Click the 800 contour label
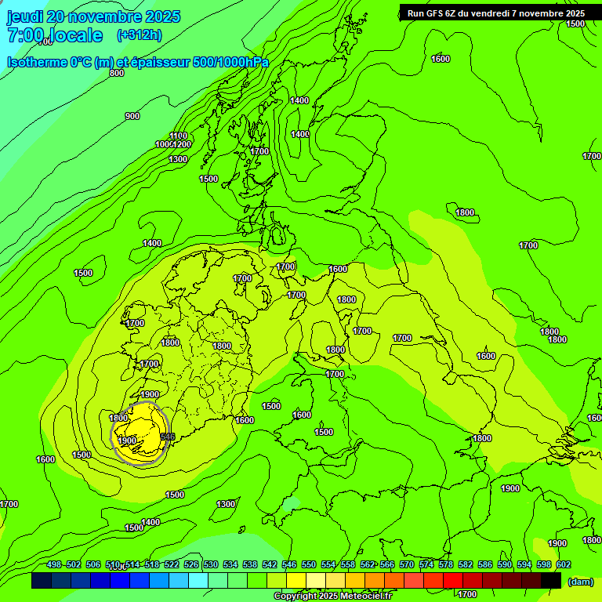pyautogui.click(x=117, y=73)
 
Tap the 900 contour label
pyautogui.click(x=132, y=116)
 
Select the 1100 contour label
pyautogui.click(x=179, y=136)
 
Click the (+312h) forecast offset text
pyautogui.click(x=139, y=35)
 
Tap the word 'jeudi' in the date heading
pyautogui.click(x=26, y=16)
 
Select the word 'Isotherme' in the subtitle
pyautogui.click(x=36, y=63)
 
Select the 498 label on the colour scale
pyautogui.click(x=54, y=565)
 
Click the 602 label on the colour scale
pyautogui.click(x=563, y=565)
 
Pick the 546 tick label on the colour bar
pyautogui.click(x=289, y=565)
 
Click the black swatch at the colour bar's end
pyautogui.click(x=550, y=581)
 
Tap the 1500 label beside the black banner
pyautogui.click(x=575, y=24)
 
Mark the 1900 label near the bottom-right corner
pyautogui.click(x=557, y=543)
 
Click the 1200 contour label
pyautogui.click(x=182, y=144)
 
